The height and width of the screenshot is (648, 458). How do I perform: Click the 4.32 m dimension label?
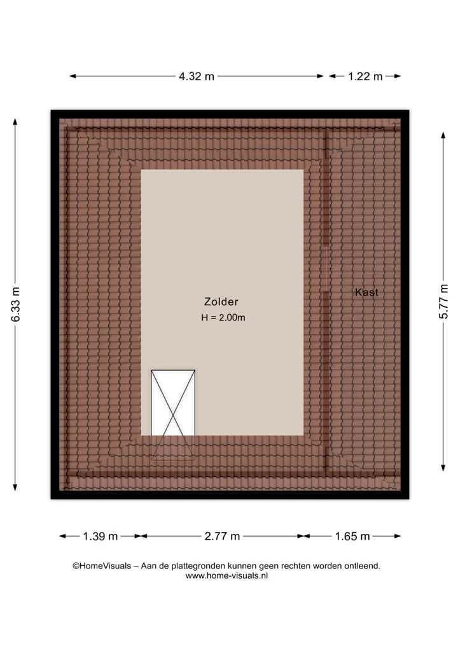[x=197, y=76]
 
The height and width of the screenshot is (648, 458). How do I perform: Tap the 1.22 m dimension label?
[x=365, y=76]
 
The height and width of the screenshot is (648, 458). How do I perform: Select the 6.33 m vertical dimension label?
[x=16, y=304]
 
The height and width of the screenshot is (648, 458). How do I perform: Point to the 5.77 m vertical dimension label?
[x=443, y=301]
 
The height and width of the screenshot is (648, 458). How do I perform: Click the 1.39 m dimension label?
[x=101, y=536]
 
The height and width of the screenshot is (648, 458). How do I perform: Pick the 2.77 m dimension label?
[x=222, y=536]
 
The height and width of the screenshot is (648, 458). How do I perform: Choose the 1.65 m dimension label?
[x=352, y=536]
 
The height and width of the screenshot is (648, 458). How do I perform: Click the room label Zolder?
[x=221, y=301]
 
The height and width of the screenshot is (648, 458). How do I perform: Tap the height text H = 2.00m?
[x=223, y=318]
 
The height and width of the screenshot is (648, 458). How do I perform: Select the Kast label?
[x=366, y=292]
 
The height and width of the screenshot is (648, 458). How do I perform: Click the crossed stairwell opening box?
[x=173, y=403]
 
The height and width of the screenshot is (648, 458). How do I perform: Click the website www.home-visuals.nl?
[x=226, y=575]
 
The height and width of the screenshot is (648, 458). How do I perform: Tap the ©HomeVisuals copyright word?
[x=102, y=566]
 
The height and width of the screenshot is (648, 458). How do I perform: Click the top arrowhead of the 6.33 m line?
[x=15, y=122]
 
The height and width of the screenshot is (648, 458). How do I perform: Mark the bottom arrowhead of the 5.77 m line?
[x=443, y=468]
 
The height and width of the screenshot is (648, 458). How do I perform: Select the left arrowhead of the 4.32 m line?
[x=73, y=76]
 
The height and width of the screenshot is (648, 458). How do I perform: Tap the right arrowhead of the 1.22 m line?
[x=398, y=76]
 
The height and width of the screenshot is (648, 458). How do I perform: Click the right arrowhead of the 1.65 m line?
[x=398, y=536]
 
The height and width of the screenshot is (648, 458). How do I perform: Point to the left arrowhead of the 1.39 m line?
[x=63, y=536]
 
